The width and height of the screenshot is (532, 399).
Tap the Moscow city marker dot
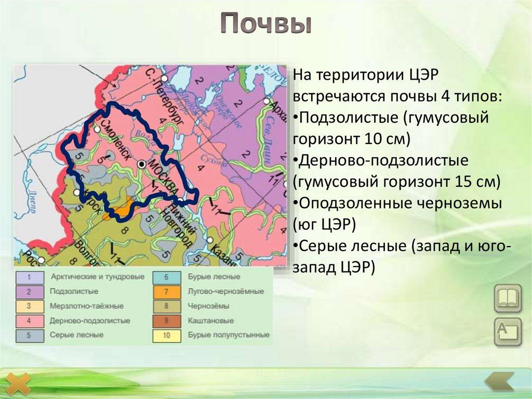141,164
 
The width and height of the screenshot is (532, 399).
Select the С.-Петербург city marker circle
164,78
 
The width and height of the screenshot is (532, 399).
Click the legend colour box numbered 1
29,277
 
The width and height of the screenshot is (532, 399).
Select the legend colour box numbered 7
166,292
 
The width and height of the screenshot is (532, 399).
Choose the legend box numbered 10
166,336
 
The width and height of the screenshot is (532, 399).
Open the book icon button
508,298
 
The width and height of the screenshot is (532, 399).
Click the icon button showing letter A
508,331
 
